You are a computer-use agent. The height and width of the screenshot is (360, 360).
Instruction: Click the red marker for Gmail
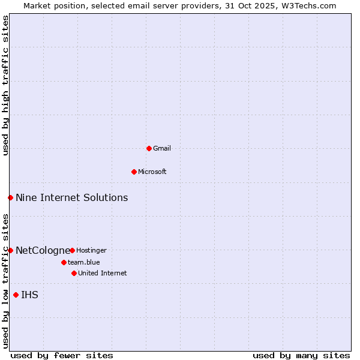[x=149, y=148]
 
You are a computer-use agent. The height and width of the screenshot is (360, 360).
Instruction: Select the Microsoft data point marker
[x=134, y=172]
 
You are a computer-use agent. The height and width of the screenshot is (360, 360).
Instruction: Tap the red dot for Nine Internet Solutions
[x=10, y=197]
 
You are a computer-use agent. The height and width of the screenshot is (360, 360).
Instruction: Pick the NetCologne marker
[x=10, y=250]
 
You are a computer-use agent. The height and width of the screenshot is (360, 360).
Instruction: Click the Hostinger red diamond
[x=72, y=250]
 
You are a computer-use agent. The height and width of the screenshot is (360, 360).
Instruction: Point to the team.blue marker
[x=64, y=262]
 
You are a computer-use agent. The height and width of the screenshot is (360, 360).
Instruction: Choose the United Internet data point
[x=74, y=273]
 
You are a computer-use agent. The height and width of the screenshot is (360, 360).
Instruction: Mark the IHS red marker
[x=16, y=295]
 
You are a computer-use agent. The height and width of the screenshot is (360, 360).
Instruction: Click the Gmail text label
[x=162, y=148]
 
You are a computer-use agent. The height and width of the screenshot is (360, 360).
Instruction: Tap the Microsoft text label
[x=152, y=172]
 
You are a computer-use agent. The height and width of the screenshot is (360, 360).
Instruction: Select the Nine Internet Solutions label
[x=71, y=197]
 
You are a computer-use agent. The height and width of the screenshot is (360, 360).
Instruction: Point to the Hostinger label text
[x=91, y=250]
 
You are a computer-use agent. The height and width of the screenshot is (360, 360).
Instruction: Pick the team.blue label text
[x=84, y=262]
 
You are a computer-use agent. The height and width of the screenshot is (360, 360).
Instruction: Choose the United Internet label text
[x=102, y=273]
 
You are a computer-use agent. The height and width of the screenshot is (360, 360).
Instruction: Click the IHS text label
[x=29, y=295]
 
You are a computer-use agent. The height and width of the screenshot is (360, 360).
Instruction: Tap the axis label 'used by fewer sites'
[x=62, y=355]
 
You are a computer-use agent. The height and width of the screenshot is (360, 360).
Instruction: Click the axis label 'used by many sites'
[x=301, y=355]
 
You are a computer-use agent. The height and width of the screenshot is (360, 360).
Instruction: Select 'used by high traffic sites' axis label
[x=5, y=85]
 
